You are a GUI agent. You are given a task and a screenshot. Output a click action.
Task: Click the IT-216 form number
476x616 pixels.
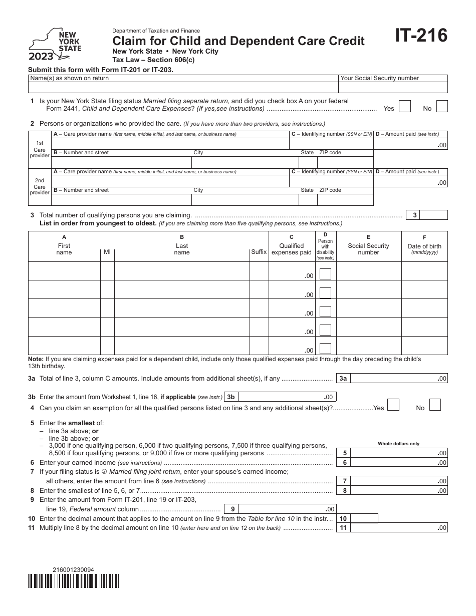(421, 36)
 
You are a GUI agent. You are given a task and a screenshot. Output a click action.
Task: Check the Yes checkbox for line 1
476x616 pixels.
(405, 106)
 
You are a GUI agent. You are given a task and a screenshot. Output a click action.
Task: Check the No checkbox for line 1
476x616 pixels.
(442, 106)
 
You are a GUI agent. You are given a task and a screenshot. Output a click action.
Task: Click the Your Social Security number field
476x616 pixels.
(393, 88)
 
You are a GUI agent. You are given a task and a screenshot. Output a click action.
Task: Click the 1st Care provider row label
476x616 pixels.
(40, 149)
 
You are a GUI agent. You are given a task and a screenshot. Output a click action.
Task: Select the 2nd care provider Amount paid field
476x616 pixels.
(410, 183)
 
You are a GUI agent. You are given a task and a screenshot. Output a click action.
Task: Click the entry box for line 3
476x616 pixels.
(433, 215)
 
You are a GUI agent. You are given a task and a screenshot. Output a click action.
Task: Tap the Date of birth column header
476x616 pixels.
(424, 246)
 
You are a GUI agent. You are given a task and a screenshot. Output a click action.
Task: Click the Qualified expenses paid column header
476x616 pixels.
(292, 246)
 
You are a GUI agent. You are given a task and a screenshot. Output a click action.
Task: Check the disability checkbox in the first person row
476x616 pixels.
(325, 274)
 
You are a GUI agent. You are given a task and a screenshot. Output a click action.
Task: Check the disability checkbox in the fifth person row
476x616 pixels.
(325, 348)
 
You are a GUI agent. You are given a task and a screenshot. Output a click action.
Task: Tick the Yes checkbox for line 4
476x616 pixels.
(393, 405)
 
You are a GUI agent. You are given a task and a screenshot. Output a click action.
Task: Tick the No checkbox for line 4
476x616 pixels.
(435, 405)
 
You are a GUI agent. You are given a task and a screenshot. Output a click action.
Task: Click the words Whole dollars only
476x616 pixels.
(398, 444)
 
